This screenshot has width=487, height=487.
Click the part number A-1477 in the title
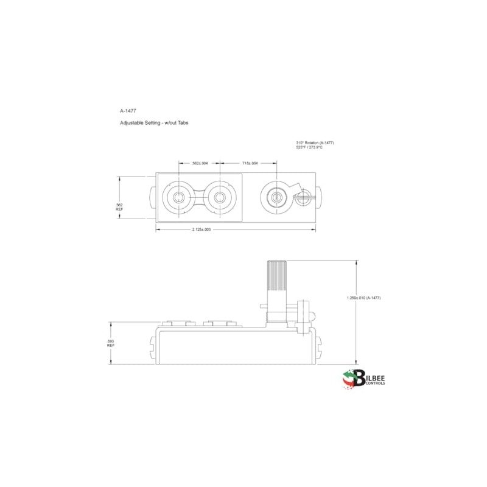pos(128,111)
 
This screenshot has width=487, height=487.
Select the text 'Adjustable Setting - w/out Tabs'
pos(154,123)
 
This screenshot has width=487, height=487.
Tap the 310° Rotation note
pos(315,142)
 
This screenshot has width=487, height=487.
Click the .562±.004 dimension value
pos(200,163)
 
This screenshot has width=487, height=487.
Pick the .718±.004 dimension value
pos(250,163)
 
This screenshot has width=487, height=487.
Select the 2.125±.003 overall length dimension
pos(201,229)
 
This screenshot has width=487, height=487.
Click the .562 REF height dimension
pos(119,207)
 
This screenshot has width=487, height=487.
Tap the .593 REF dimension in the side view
pos(111,343)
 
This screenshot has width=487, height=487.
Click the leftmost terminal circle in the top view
pos(179,197)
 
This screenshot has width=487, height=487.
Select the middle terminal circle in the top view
pos(219,197)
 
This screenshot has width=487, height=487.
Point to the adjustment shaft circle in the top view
pos(276,197)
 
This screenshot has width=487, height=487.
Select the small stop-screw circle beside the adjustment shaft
pos(303,196)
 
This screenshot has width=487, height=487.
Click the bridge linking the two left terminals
pos(199,197)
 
